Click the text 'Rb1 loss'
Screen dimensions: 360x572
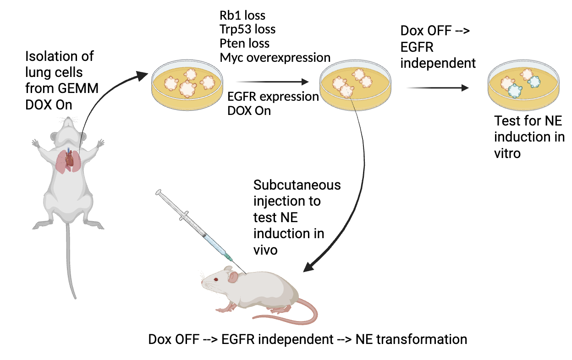point(242,15)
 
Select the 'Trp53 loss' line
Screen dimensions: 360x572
point(247,29)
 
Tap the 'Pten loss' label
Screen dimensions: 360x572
point(245,44)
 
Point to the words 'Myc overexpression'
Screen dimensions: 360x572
point(275,58)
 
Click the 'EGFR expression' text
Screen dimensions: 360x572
point(273,97)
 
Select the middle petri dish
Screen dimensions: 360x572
point(356,86)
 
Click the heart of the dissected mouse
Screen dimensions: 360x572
point(69,160)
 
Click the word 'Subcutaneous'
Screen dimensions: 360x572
point(297,185)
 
